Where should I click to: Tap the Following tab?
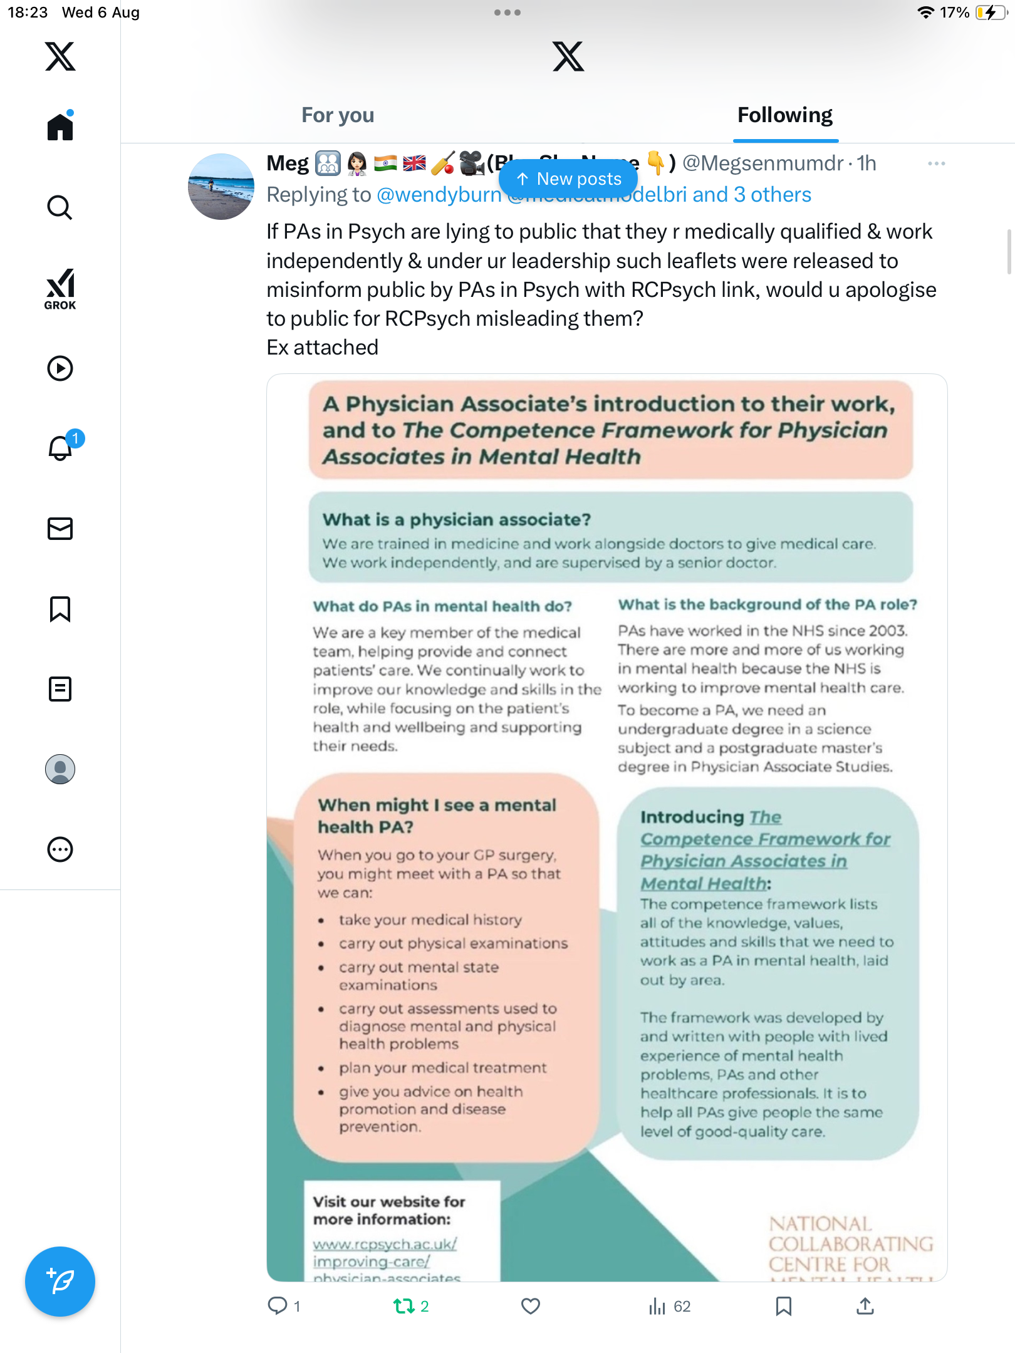784,115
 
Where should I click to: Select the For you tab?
338,115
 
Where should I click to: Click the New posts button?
568,179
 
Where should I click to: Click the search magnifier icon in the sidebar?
60,207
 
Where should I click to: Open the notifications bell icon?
61,448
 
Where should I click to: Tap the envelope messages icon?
60,529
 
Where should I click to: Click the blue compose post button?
60,1282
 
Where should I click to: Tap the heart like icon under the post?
531,1306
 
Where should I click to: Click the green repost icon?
404,1306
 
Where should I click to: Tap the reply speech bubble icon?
277,1306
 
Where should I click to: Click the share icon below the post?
865,1306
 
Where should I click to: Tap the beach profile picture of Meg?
221,187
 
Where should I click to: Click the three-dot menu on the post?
937,163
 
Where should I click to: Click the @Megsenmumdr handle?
763,163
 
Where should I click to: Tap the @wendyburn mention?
439,195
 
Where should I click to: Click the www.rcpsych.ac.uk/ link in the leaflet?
385,1244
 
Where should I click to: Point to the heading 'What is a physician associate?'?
457,520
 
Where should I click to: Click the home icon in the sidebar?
60,127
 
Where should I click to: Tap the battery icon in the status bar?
991,13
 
